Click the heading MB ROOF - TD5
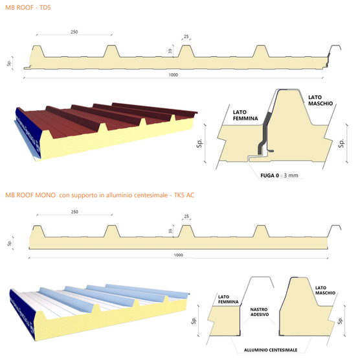pos(28,8)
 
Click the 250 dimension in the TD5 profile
pos(74,32)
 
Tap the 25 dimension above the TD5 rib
pos(186,36)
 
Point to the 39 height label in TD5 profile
pos(170,51)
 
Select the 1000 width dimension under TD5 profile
pos(173,75)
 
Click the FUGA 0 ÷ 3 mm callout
pos(279,176)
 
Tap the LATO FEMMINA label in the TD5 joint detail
pos(245,115)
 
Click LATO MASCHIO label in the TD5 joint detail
pos(321,100)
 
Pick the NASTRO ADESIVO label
pos(260,312)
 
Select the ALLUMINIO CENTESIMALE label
pos(271,350)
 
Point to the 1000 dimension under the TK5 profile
pos(178,255)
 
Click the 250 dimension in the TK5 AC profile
pos(74,212)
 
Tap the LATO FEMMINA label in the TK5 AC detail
pos(228,299)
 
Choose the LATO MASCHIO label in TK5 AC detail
pos(325,290)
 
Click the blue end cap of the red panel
pos(28,132)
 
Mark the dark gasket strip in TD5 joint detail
pos(264,133)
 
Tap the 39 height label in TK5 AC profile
pos(170,231)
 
